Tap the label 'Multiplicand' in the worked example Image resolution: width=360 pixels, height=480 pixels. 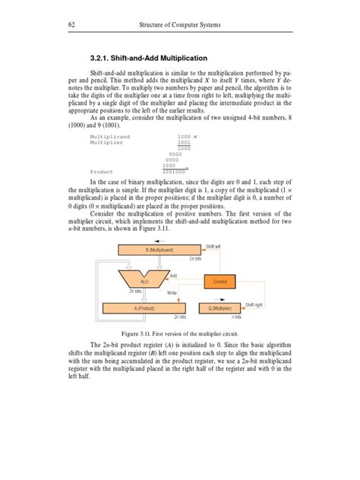109,136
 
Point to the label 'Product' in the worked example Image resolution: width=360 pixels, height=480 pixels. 102,172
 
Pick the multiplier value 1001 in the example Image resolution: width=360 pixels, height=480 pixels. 183,142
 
